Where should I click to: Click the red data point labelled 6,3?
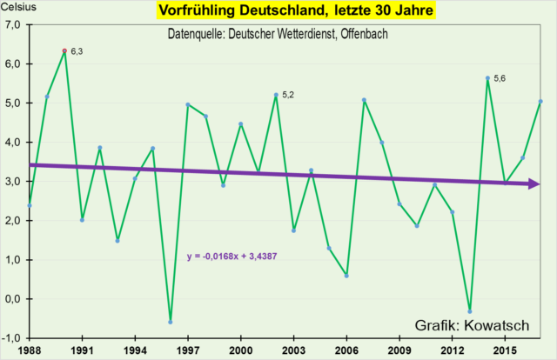click(x=64, y=51)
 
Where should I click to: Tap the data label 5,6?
click(x=500, y=79)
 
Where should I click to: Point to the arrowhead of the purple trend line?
click(x=534, y=183)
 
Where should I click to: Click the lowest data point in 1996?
click(x=171, y=322)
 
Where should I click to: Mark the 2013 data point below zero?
click(x=470, y=311)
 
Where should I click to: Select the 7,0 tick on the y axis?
click(x=15, y=25)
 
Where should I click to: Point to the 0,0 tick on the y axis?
click(x=15, y=299)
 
